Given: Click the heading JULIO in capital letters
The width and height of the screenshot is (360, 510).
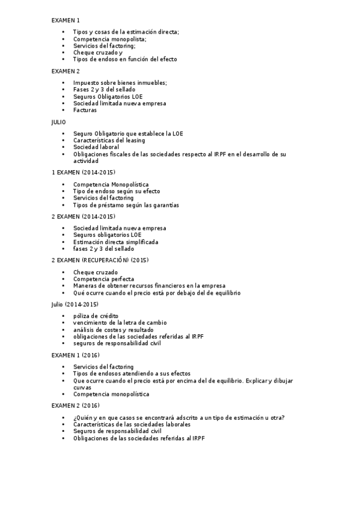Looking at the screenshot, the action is point(59,121).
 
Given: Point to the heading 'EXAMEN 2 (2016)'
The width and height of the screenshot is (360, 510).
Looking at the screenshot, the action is point(75,406).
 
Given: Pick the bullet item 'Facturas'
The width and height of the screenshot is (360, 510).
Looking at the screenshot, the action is point(85,110).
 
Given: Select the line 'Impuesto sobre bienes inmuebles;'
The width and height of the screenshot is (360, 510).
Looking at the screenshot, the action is point(120,82).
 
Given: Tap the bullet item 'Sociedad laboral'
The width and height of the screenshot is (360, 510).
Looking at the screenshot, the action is point(96,147).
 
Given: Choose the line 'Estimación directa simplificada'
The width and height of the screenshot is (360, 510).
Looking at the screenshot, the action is point(116,242).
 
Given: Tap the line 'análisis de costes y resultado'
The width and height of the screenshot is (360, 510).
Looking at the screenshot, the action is point(113,330).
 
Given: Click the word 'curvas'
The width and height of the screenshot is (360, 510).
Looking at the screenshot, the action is point(82,388).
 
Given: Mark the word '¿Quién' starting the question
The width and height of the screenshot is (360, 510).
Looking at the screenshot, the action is point(81,417).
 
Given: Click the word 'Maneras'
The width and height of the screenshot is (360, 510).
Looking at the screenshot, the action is point(85,286).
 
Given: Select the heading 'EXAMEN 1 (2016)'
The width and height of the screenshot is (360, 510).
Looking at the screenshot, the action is point(75,355).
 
